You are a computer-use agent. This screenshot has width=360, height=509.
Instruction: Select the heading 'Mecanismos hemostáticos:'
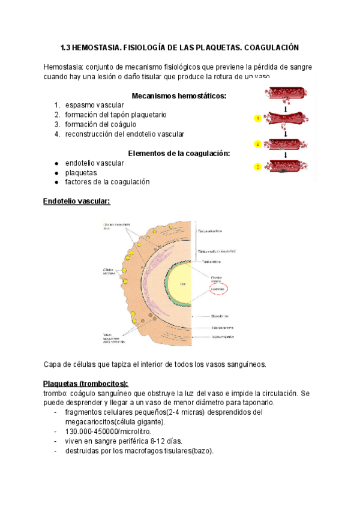tap(179, 95)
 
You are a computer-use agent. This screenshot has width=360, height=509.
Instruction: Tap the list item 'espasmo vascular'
tap(94, 105)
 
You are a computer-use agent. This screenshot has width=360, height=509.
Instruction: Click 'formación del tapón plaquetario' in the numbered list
tap(116, 115)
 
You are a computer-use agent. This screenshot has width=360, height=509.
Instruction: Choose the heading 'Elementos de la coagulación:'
tap(179, 153)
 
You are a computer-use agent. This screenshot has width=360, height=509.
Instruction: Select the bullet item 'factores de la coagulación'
tap(107, 182)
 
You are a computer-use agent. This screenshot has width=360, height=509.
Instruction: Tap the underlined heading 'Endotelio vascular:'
tap(77, 201)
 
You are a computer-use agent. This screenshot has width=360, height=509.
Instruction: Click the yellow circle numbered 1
tap(257, 118)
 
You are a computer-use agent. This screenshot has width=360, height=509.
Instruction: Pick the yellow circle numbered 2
tap(257, 144)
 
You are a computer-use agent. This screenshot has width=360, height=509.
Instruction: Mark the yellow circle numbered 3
tap(257, 166)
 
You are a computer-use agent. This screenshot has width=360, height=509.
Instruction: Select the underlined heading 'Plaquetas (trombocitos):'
tap(86, 384)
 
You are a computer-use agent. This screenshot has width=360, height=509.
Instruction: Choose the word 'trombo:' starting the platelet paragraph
tap(56, 393)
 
